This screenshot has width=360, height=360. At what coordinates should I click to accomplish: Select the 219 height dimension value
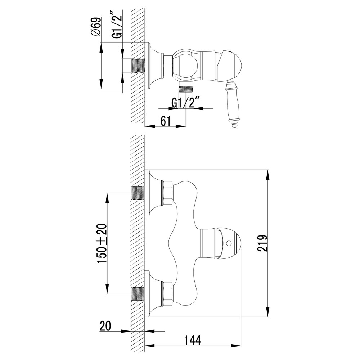pyautogui.click(x=262, y=244)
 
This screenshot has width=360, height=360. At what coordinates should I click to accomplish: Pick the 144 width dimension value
pyautogui.click(x=192, y=340)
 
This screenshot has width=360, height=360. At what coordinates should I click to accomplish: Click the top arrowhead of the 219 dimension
pyautogui.click(x=267, y=173)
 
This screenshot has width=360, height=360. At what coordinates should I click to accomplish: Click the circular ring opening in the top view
pyautogui.click(x=186, y=65)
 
